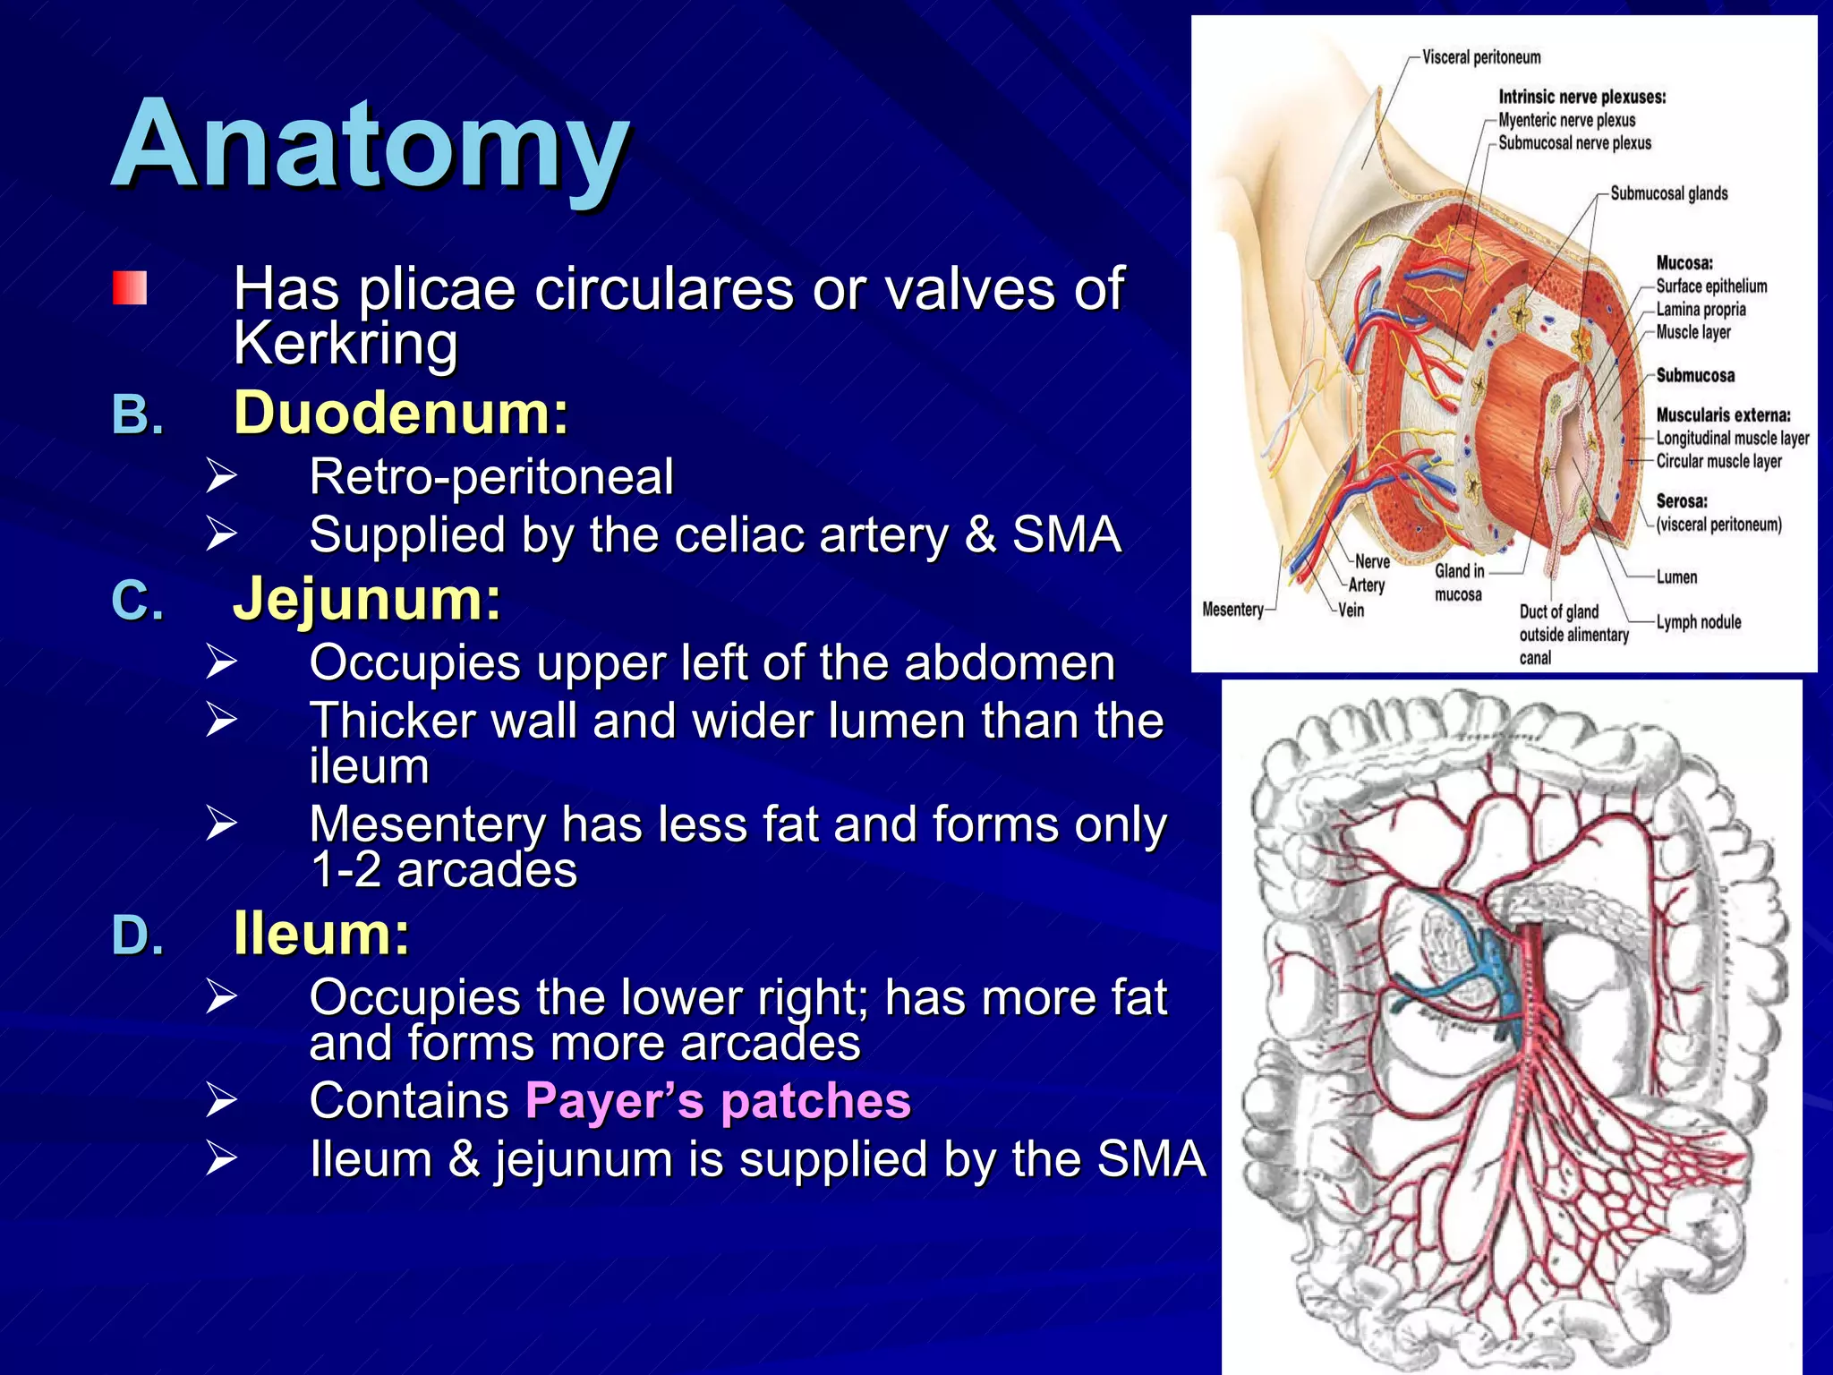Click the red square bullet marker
(130, 288)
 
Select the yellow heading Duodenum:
(401, 413)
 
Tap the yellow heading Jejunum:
(367, 598)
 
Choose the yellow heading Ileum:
(321, 934)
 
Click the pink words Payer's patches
(718, 1100)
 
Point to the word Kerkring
(345, 343)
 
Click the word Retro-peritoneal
(491, 476)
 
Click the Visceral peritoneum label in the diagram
(1481, 57)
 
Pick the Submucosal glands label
(1668, 193)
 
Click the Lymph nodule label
(1698, 622)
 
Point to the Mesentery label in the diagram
(1232, 610)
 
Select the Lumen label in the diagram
(1676, 577)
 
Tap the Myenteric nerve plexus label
(1566, 120)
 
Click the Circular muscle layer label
(1718, 461)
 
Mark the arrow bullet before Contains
(221, 1100)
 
